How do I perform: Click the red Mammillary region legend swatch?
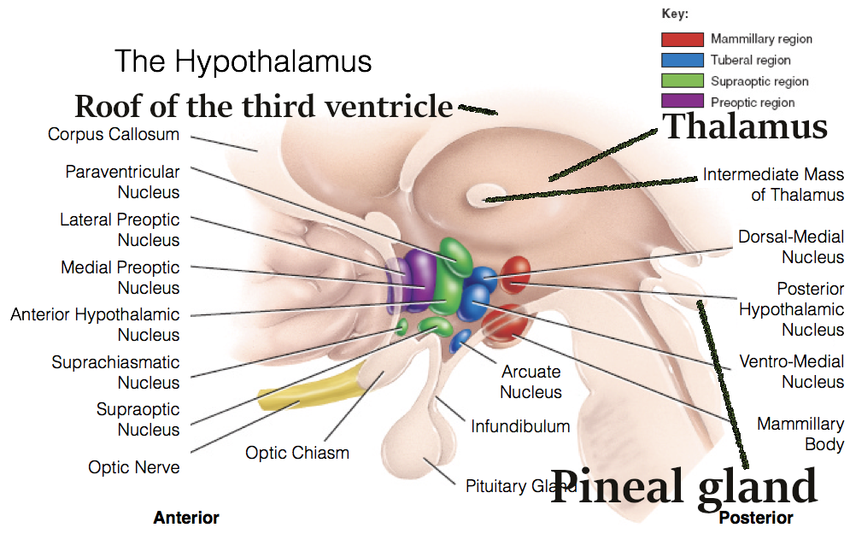click(x=683, y=39)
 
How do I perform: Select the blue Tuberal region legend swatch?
click(x=683, y=61)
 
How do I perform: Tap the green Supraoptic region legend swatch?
click(x=683, y=81)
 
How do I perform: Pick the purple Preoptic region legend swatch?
click(x=683, y=103)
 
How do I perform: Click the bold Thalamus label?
click(x=745, y=126)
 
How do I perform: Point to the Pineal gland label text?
click(x=683, y=487)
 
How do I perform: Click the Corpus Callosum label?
click(x=114, y=134)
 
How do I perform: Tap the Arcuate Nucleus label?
click(x=531, y=382)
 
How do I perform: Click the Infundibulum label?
click(x=520, y=425)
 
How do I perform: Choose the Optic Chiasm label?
click(x=297, y=453)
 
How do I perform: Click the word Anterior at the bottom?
click(x=186, y=518)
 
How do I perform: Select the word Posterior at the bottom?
click(x=755, y=518)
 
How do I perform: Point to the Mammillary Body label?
click(x=800, y=434)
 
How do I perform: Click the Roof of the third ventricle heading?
click(x=264, y=107)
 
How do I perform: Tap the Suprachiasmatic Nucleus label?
click(x=116, y=372)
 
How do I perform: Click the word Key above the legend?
click(x=675, y=15)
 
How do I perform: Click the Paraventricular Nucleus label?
click(x=123, y=182)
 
